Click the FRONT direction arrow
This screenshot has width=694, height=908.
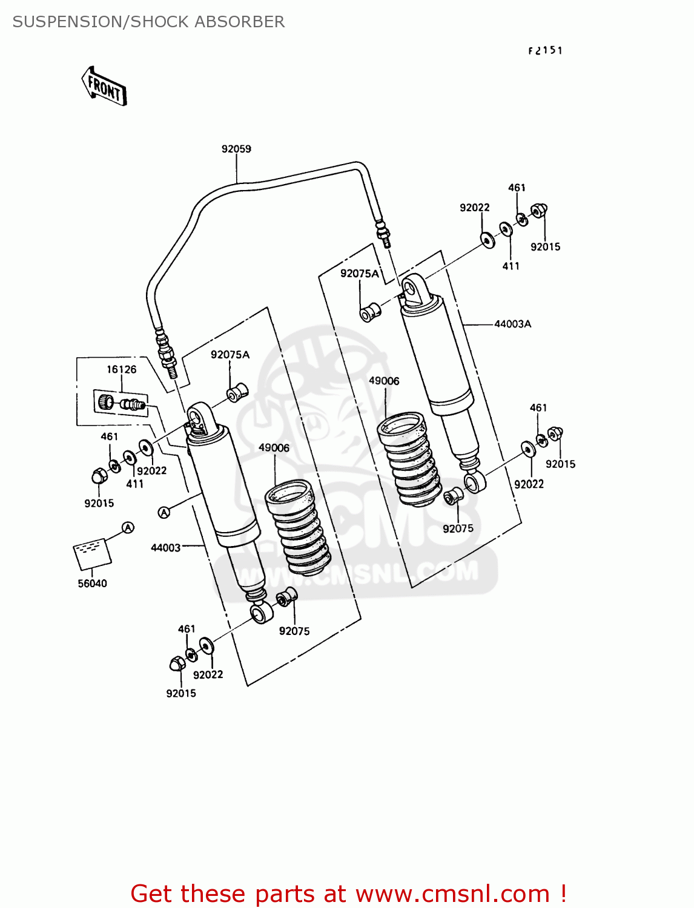104,87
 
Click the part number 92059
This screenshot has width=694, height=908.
236,149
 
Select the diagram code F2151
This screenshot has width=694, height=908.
545,51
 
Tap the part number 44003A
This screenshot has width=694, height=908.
512,324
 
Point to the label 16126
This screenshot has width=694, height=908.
122,369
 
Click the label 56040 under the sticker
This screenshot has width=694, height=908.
92,584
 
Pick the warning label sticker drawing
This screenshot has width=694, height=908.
93,553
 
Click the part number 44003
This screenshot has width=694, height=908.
165,548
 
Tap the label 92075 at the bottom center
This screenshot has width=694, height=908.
294,631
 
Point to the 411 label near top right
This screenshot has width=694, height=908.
511,266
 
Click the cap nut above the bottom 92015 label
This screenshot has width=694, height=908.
176,664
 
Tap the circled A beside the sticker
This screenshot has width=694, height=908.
128,528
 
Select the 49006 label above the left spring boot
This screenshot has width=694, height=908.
274,448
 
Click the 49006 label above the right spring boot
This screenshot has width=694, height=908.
384,381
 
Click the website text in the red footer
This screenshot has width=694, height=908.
452,893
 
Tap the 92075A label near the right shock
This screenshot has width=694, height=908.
360,274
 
